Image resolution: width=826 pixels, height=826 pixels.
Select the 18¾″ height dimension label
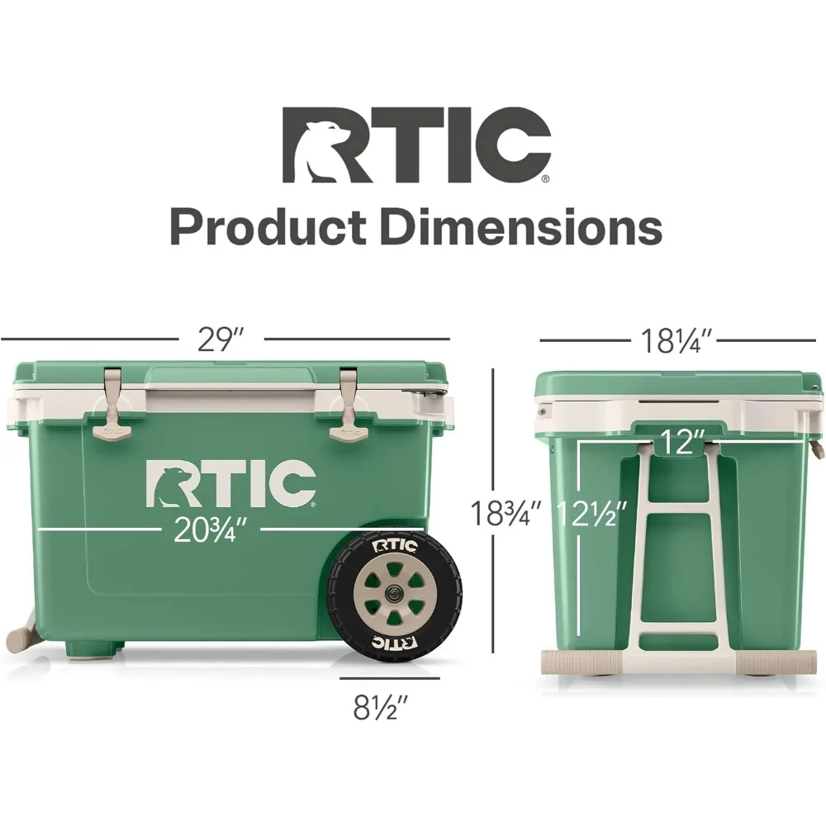[x=505, y=513]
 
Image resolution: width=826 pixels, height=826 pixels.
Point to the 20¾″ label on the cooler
[x=211, y=529]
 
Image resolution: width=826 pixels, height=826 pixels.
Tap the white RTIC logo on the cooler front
[x=230, y=483]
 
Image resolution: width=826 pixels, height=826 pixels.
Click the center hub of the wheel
[x=392, y=593]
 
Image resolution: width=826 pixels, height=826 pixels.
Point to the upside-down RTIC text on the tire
[x=393, y=641]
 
